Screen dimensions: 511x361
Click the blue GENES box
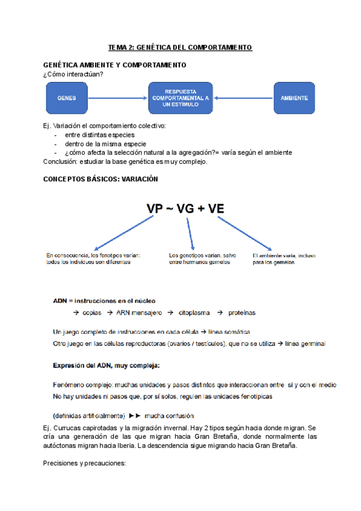click(66, 98)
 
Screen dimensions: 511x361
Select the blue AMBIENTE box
click(294, 98)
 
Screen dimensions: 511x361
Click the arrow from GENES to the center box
click(118, 98)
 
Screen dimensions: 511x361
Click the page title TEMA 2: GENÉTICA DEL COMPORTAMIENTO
click(180, 47)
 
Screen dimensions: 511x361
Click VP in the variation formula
click(159, 208)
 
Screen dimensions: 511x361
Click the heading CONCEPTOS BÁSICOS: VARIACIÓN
click(101, 179)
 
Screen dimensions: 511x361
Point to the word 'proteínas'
click(241, 313)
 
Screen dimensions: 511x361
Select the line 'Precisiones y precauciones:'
click(84, 464)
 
